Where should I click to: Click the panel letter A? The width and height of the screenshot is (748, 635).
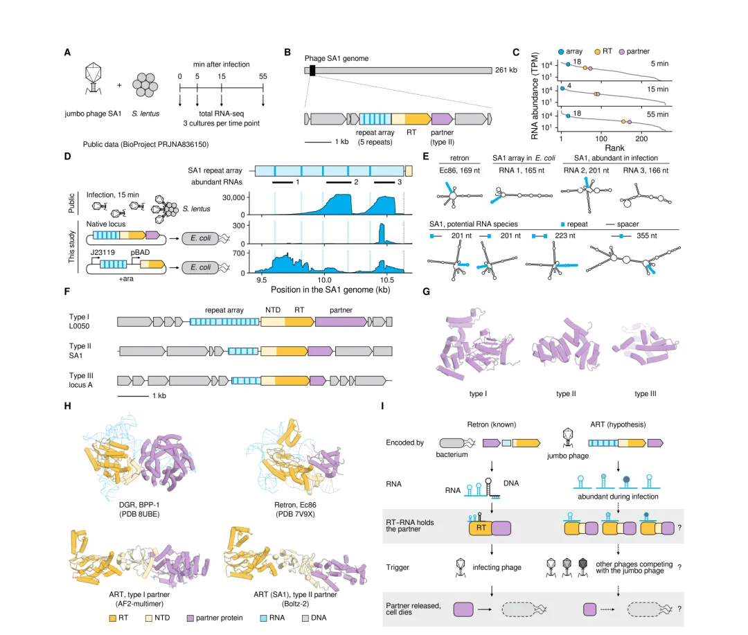coord(67,53)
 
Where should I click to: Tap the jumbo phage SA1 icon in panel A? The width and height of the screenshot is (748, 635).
coord(93,78)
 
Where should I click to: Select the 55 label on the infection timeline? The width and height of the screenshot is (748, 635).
coord(263,76)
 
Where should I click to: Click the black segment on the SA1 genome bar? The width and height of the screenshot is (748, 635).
coord(312,71)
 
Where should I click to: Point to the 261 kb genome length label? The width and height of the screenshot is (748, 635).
coord(506,70)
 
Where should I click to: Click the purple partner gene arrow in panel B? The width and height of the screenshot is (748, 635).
coord(442,119)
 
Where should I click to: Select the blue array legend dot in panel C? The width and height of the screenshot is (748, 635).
coord(561,51)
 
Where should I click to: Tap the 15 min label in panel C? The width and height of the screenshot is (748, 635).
coord(657,89)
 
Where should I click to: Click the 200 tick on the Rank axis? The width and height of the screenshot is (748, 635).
coord(641,138)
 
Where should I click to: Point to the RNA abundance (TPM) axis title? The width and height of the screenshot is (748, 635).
coord(535,96)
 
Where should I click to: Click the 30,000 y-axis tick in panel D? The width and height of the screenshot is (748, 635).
coord(233,197)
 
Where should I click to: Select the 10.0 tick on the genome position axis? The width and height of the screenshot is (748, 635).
coord(324,280)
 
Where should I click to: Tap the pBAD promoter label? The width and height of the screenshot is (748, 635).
coord(140,252)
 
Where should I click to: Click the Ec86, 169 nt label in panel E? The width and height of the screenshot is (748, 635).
coord(459,170)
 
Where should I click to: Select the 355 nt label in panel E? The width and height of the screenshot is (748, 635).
coord(646,235)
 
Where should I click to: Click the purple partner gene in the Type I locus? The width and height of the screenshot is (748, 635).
coord(341,322)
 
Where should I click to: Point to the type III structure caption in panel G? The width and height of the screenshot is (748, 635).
coord(645,393)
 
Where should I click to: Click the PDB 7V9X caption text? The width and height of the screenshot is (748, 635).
coord(295,514)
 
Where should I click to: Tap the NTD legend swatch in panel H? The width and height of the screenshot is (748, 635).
coord(149,618)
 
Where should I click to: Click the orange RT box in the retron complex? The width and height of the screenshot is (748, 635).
coord(481,528)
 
